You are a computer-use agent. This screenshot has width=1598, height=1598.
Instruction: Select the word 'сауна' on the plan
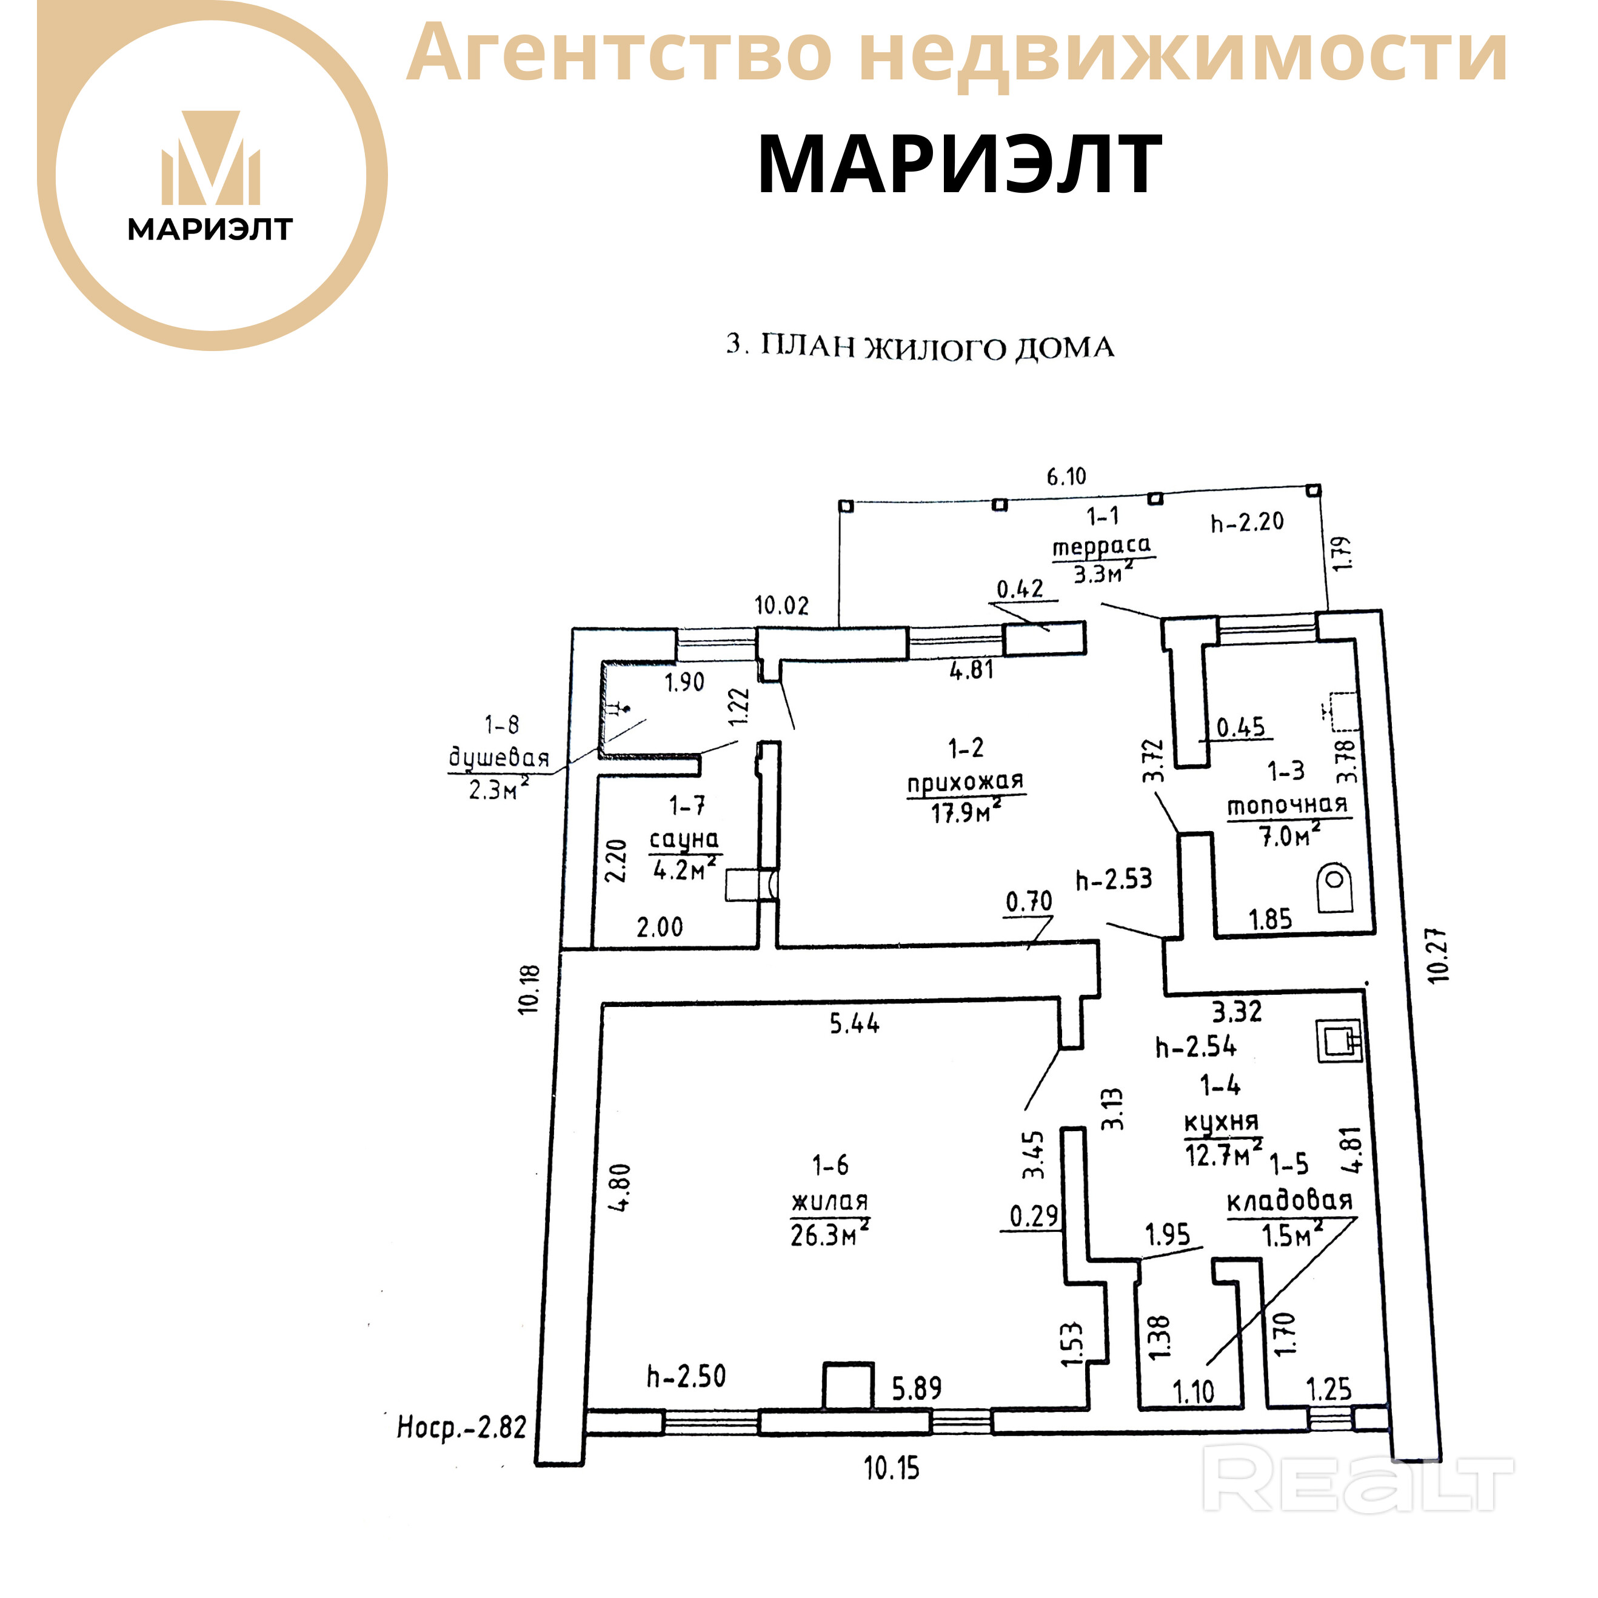tap(684, 840)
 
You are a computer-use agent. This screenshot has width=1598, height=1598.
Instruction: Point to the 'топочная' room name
tap(1287, 805)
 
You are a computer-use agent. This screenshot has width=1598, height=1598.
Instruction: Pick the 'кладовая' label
tap(1289, 1201)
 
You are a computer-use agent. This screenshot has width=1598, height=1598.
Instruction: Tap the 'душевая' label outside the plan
tap(499, 758)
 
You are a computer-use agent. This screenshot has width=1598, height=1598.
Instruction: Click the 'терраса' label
tap(1101, 547)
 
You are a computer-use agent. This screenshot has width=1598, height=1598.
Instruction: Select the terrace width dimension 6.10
tap(1066, 476)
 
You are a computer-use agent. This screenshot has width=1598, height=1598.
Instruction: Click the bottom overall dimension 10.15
tap(892, 1468)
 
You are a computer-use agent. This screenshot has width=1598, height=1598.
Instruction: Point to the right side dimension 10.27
tap(1439, 955)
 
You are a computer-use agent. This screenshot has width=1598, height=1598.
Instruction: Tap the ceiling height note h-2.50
tap(686, 1376)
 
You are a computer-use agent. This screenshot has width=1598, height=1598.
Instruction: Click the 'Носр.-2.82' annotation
tap(461, 1428)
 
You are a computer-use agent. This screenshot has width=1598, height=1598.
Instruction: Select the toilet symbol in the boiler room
tap(1334, 888)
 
